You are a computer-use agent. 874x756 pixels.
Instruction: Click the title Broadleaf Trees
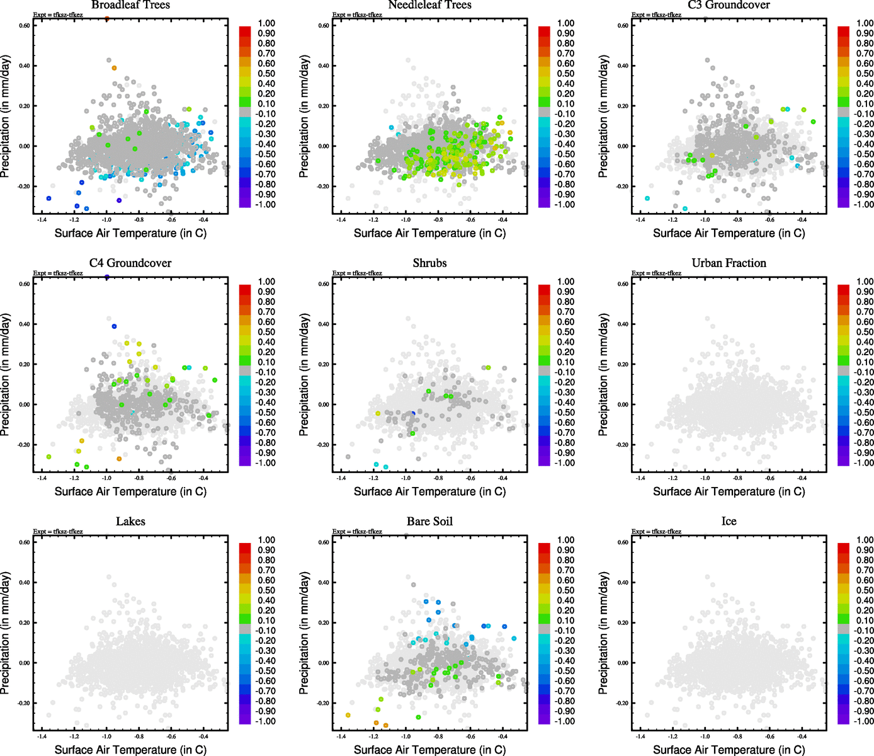(130, 5)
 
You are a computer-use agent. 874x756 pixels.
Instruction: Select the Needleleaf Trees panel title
(429, 5)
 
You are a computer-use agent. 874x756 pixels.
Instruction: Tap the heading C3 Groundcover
(729, 5)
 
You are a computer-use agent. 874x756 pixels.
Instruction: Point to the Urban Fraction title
(729, 263)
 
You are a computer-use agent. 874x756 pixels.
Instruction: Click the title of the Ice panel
(729, 522)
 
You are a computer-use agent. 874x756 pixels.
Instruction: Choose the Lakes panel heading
(130, 522)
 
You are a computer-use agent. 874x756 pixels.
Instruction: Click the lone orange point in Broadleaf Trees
(114, 68)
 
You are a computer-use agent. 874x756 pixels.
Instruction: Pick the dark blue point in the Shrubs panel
(413, 413)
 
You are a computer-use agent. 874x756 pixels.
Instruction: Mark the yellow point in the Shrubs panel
(378, 413)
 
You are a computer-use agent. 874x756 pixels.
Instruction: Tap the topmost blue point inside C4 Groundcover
(114, 326)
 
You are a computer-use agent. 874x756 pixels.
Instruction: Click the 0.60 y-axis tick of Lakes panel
(24, 542)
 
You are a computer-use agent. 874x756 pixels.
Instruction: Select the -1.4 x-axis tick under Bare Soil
(341, 736)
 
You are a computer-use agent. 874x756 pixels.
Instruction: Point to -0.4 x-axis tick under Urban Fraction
(802, 478)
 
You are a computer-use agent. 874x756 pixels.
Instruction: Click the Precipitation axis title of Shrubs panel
(305, 375)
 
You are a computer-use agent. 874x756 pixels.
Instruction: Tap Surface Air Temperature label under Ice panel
(729, 750)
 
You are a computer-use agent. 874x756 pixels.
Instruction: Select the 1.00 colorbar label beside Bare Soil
(565, 540)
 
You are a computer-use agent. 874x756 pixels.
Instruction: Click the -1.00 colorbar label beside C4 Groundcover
(265, 463)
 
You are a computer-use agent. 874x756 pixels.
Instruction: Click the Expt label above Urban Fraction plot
(656, 273)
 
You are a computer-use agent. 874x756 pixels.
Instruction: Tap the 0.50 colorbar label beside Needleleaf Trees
(565, 74)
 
